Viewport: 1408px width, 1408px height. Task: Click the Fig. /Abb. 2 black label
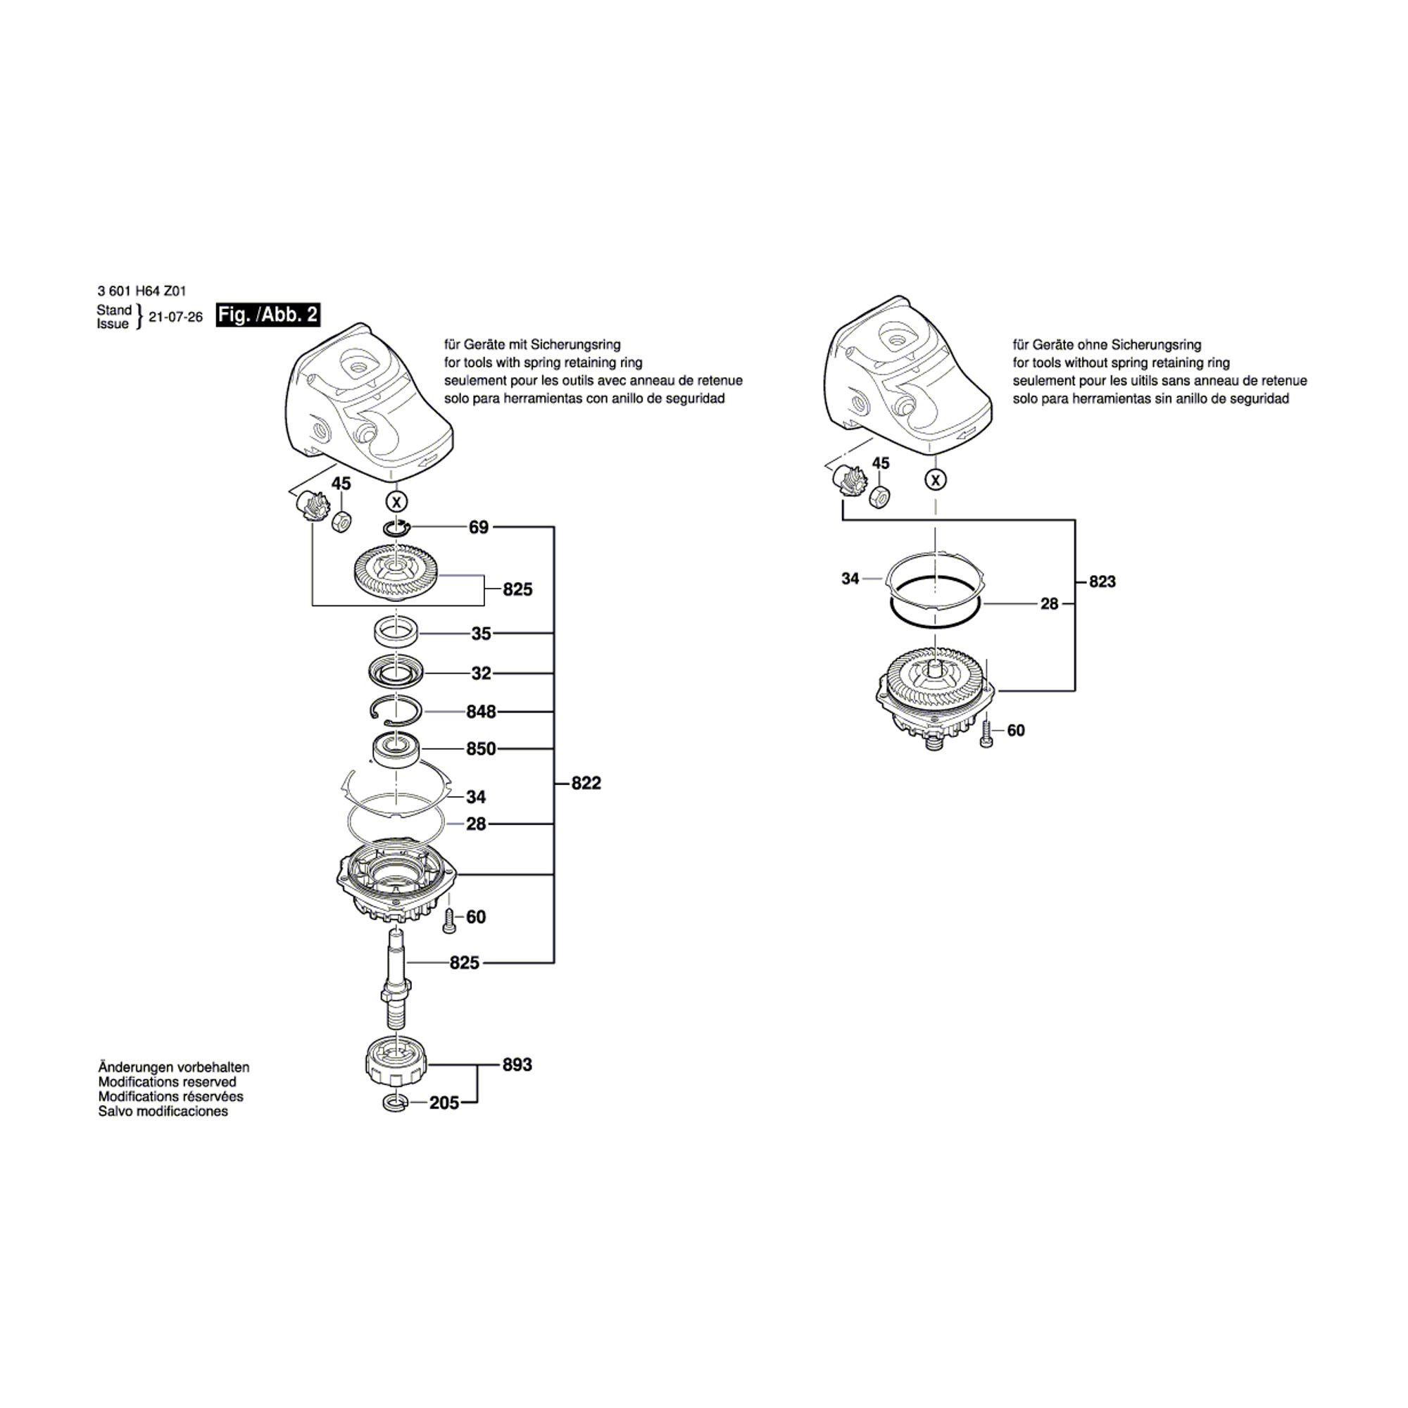268,315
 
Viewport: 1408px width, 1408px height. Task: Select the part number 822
586,784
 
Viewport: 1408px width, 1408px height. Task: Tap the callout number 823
1102,582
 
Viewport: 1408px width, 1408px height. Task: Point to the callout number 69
479,527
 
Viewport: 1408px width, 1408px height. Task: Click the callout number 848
481,711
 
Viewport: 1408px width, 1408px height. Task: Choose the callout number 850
481,748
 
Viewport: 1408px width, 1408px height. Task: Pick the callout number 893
517,1064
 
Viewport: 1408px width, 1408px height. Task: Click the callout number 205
444,1103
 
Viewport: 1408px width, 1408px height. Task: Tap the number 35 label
481,634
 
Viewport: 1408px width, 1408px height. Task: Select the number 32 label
481,674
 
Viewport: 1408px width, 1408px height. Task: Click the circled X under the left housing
396,502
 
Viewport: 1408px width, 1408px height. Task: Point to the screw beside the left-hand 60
449,920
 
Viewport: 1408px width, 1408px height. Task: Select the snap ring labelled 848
395,711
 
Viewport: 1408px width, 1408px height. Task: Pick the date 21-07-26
175,317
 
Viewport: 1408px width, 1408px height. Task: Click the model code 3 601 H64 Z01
142,291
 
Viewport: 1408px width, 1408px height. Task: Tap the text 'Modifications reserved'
167,1082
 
